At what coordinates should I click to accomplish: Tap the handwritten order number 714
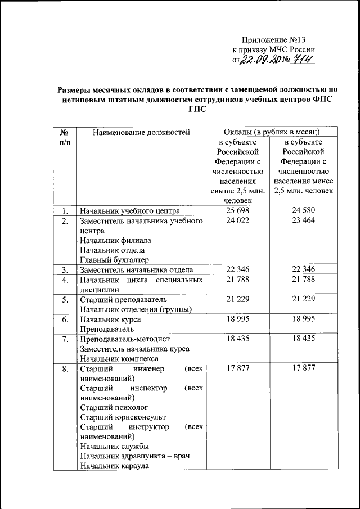pyautogui.click(x=300, y=61)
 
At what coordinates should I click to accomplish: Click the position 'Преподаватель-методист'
pyautogui.click(x=124, y=339)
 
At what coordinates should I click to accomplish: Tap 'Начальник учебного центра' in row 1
pyautogui.click(x=129, y=211)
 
